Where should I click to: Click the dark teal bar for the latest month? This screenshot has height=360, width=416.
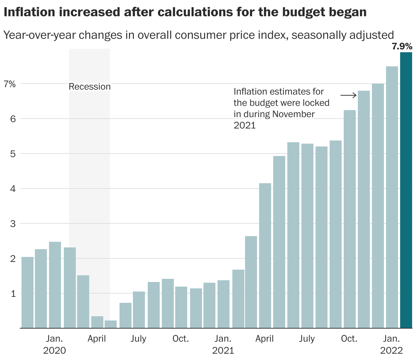[406, 191]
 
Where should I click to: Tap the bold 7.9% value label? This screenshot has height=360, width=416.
[402, 46]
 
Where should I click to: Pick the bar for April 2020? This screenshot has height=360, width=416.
[97, 322]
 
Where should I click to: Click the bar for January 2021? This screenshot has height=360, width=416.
[224, 304]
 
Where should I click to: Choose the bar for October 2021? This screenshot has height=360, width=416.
[350, 219]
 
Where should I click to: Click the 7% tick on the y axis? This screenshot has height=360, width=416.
[10, 84]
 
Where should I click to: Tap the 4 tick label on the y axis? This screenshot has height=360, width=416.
[13, 189]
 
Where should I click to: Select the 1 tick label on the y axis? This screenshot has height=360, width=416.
[13, 294]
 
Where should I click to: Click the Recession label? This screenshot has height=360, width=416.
[90, 86]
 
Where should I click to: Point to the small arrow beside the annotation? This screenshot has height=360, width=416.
[349, 95]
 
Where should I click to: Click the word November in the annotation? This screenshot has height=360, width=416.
[293, 114]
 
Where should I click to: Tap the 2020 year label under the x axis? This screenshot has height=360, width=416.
[54, 350]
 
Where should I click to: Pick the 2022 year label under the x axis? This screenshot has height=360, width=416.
[391, 350]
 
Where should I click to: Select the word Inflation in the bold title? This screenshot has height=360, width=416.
[27, 12]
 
